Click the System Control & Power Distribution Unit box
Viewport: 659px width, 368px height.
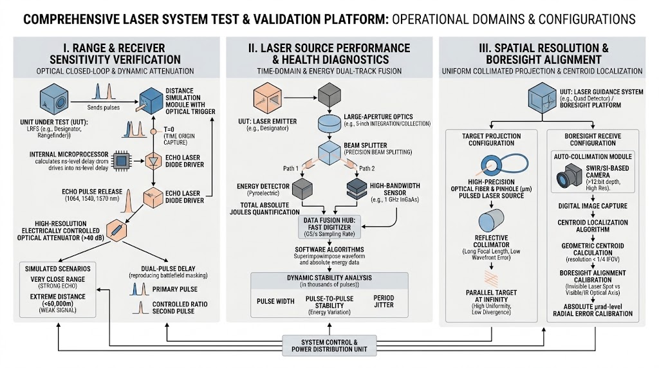coord(329,345)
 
